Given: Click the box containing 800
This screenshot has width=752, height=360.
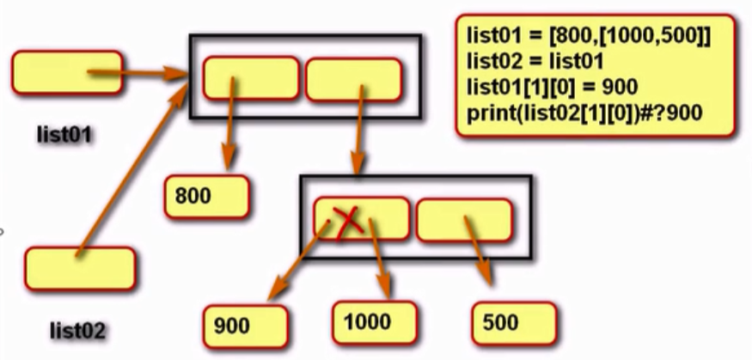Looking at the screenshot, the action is point(206,197).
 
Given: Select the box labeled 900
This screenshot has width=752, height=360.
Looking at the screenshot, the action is point(244,325).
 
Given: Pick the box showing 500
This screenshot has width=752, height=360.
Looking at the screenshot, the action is point(513,324).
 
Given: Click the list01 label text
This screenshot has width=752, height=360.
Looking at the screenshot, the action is point(64,135).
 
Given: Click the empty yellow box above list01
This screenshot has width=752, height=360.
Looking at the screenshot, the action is point(66,72).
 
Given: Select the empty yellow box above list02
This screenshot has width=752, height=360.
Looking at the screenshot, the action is point(80,269).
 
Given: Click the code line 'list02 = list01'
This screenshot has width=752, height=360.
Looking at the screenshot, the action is point(525,61).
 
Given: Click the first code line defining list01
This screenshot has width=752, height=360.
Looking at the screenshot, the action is point(589,36).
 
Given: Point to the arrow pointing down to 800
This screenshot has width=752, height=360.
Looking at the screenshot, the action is point(229,129).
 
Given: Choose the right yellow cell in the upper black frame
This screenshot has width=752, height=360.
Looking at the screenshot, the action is point(353,79).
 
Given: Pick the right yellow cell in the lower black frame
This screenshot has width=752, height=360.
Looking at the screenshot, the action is point(463,219).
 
